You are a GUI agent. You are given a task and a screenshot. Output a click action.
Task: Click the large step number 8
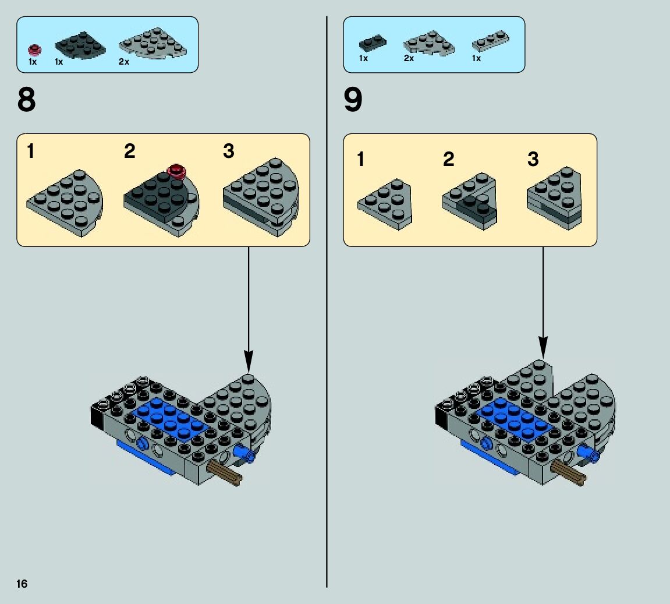27,100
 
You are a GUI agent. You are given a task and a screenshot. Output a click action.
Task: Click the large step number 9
353,100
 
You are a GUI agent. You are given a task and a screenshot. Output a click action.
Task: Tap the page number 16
22,584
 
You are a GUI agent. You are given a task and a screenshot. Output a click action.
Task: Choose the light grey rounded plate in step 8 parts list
153,43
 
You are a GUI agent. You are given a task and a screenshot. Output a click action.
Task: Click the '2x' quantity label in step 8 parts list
123,62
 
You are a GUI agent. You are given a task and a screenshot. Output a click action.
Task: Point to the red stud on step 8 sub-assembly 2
176,171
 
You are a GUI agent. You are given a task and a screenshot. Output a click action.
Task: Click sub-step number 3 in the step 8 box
229,151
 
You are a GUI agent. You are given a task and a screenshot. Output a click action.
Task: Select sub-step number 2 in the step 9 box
448,159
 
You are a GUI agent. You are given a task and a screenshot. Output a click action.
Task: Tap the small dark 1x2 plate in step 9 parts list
372,43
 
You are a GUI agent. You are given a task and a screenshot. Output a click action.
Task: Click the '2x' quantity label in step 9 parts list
409,59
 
